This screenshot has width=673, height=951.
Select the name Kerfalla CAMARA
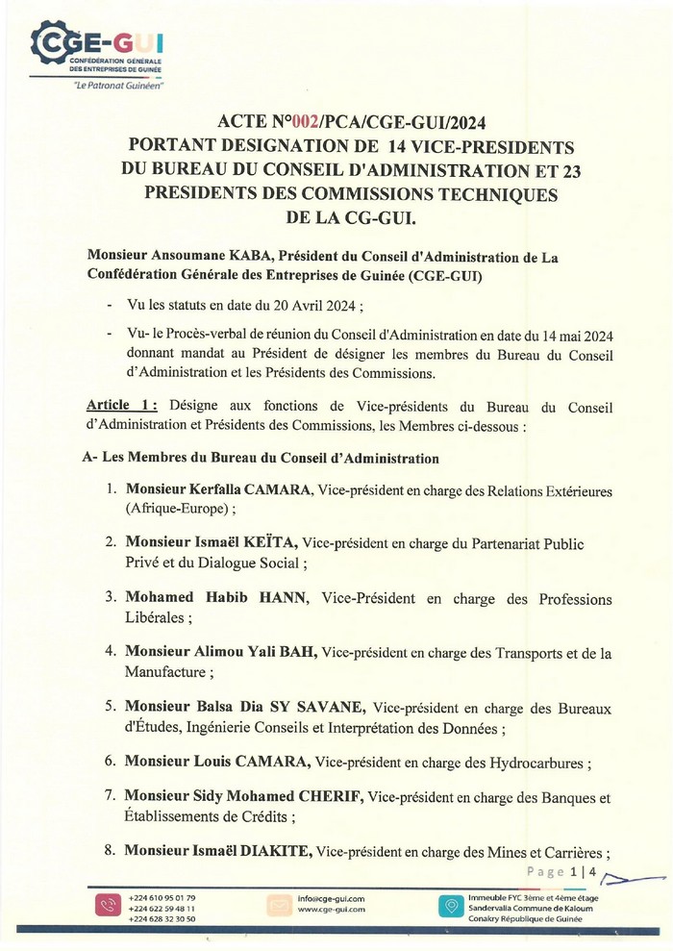(253, 490)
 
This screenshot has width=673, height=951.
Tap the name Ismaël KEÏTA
(241, 543)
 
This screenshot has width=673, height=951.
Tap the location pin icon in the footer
(448, 907)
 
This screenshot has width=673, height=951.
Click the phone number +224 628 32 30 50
(162, 918)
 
